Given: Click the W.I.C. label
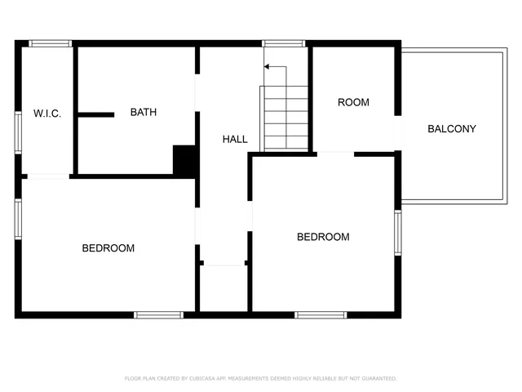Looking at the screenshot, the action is click(x=47, y=114).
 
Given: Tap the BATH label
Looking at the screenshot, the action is click(x=144, y=112).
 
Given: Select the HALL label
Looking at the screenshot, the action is click(x=235, y=139).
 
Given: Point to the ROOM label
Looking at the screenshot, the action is click(x=353, y=102).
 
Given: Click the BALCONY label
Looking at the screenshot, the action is click(x=452, y=129).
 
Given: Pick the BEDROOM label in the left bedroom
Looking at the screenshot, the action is click(x=108, y=248).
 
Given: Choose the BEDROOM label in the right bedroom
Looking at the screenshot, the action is click(x=323, y=237).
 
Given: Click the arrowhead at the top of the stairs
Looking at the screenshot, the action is click(x=267, y=67).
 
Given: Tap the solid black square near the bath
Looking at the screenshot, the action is click(x=184, y=161).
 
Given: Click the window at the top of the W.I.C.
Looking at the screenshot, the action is click(x=51, y=43).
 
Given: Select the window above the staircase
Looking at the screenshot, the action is click(x=284, y=43).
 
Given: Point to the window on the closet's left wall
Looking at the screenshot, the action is click(x=18, y=132).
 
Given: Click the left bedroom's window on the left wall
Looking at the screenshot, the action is click(x=18, y=219).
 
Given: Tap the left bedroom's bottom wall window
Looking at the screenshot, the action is click(x=159, y=315).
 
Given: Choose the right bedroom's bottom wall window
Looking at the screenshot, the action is click(x=321, y=315).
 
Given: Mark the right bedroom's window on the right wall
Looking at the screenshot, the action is click(x=398, y=233).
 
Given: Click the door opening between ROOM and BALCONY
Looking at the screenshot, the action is click(x=398, y=133).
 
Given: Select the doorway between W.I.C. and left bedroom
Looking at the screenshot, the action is click(x=48, y=176).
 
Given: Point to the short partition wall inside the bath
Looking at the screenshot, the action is click(x=96, y=114).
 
